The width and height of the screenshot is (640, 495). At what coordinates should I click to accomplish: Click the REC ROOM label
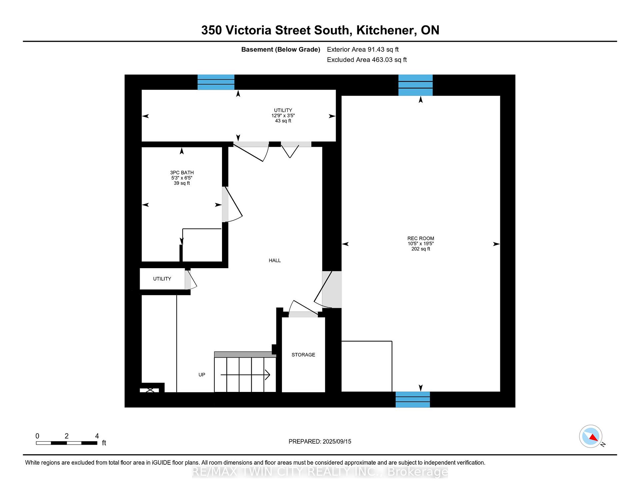tap(421, 238)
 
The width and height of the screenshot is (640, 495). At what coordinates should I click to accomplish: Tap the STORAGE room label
tap(303, 355)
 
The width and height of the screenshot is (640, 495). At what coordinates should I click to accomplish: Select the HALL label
tap(275, 261)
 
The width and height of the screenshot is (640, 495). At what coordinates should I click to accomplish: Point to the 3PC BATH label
tap(182, 173)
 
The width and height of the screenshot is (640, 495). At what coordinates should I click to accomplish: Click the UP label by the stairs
tap(202, 375)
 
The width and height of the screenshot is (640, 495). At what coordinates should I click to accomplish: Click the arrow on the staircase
tap(245, 375)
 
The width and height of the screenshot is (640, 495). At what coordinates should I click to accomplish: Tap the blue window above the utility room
tap(216, 82)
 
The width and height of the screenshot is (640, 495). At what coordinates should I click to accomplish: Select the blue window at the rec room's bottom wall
tap(413, 399)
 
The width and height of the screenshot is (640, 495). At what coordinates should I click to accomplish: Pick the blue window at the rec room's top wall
tap(416, 85)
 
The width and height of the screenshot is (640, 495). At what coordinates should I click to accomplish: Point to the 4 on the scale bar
tap(97, 436)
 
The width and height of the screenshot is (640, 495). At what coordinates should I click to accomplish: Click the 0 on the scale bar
tap(37, 436)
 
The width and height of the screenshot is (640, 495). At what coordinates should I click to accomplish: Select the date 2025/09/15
tap(337, 441)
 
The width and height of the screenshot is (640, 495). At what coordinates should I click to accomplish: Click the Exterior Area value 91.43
tap(376, 49)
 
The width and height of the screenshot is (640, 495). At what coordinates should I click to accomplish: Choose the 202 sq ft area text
tap(421, 249)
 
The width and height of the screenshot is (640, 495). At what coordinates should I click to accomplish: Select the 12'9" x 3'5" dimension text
tap(283, 115)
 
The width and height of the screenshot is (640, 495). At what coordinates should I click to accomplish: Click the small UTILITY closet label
tap(162, 279)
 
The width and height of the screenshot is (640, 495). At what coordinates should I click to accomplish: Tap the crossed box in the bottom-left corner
tap(150, 390)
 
